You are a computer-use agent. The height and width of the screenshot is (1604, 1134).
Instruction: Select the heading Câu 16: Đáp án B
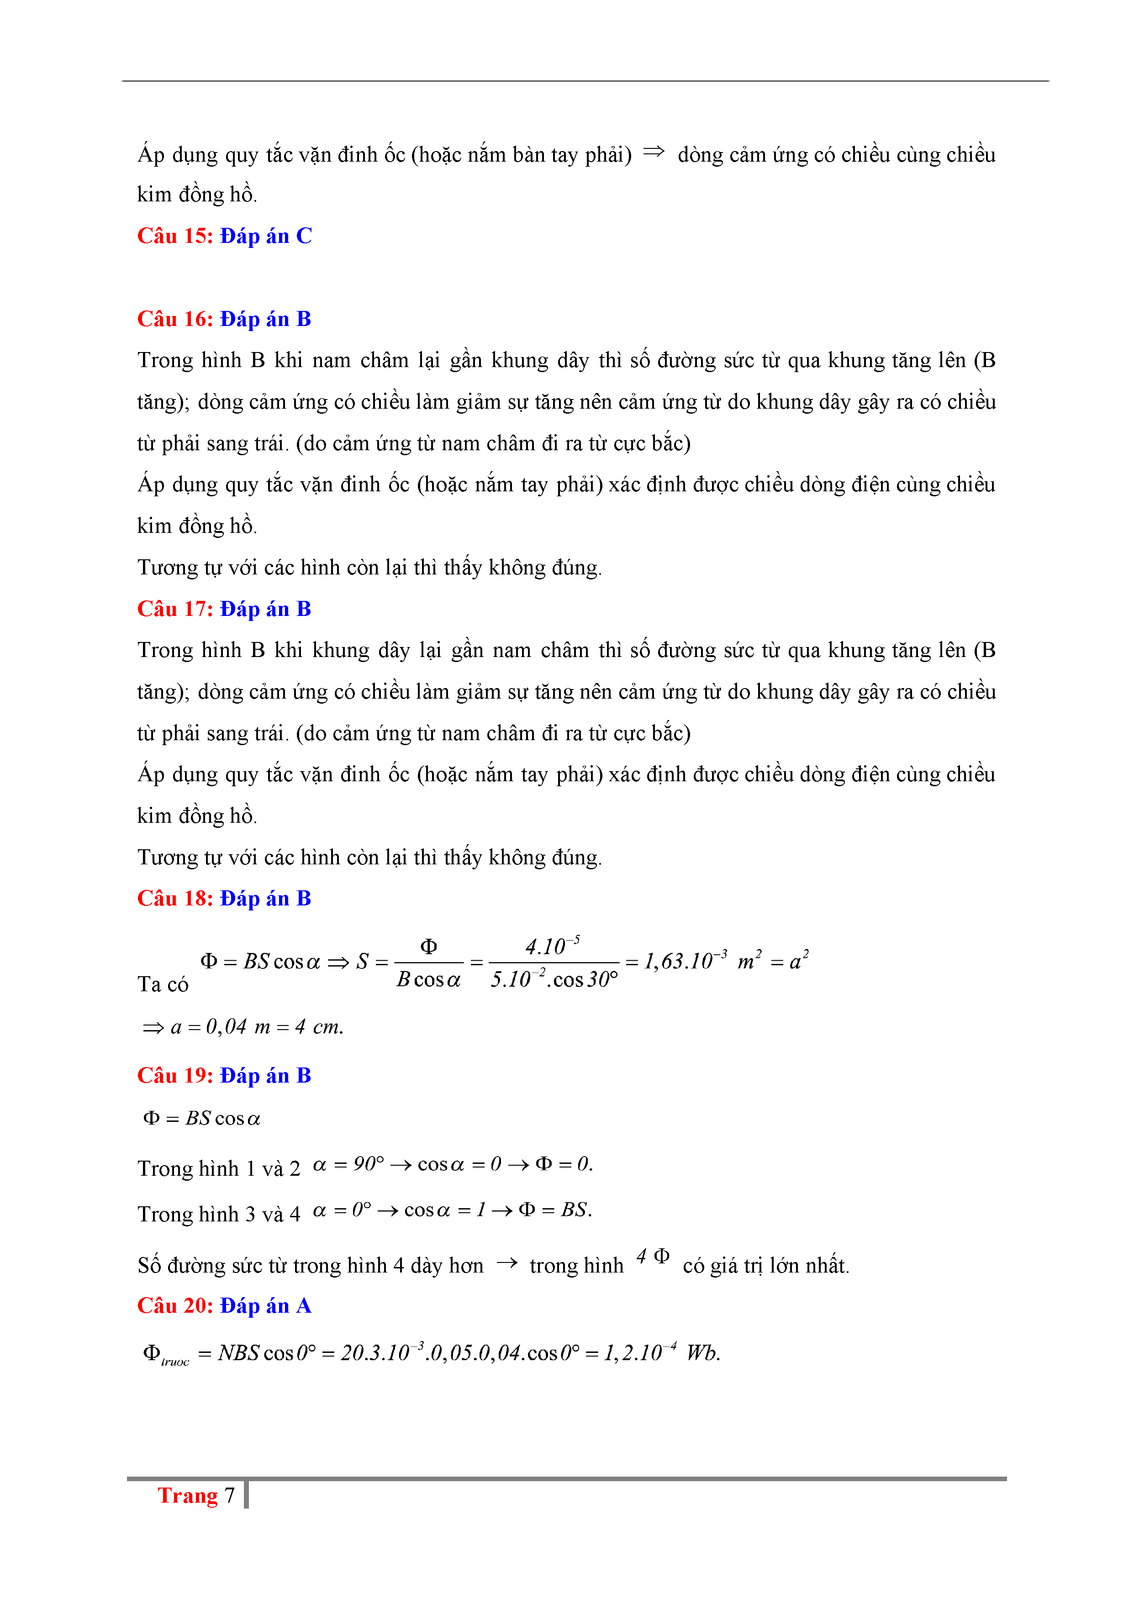pyautogui.click(x=224, y=319)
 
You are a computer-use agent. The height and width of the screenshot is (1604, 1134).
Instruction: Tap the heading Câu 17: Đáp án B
pyautogui.click(x=224, y=609)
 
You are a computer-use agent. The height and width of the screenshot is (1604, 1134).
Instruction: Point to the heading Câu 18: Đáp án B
pyautogui.click(x=224, y=899)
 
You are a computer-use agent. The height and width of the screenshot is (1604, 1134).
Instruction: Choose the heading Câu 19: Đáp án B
pyautogui.click(x=224, y=1076)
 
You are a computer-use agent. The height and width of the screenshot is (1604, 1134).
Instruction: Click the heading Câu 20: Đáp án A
pyautogui.click(x=224, y=1306)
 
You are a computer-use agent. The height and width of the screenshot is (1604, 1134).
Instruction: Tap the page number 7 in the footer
pyautogui.click(x=229, y=1496)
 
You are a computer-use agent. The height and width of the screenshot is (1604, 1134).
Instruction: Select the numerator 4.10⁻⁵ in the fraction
pyautogui.click(x=552, y=947)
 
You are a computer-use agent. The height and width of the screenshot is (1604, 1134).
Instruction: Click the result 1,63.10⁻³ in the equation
pyautogui.click(x=685, y=961)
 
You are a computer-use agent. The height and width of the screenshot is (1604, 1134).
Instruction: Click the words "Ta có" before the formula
pyautogui.click(x=163, y=984)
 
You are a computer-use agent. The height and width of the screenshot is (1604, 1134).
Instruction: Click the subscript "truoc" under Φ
pyautogui.click(x=174, y=1362)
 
